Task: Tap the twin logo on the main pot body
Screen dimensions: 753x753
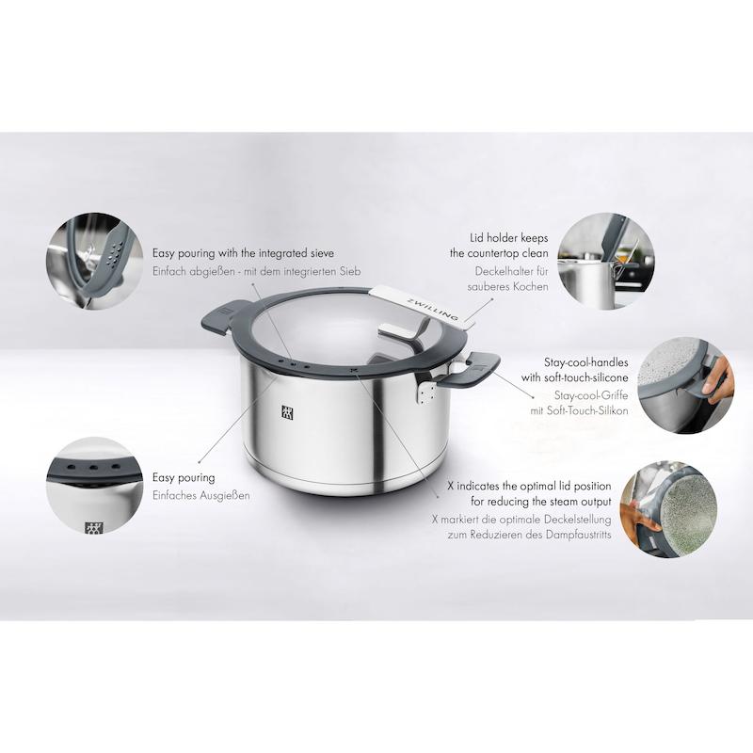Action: point(287,412)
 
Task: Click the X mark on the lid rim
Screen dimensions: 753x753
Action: point(355,370)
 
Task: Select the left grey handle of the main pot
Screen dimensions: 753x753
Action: point(225,316)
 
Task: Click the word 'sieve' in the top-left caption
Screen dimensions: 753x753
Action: point(321,253)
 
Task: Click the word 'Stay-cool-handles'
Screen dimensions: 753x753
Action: point(585,362)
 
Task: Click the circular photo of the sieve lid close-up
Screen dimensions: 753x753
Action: point(95,261)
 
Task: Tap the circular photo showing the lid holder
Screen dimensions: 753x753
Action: point(606,261)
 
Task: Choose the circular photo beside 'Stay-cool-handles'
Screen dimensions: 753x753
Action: point(686,385)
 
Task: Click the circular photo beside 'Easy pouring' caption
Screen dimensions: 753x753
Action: point(95,485)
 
